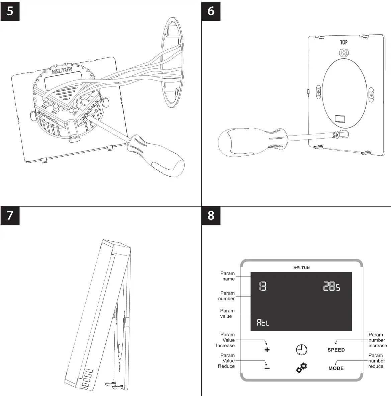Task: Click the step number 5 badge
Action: pyautogui.click(x=10, y=11)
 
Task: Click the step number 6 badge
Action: pyautogui.click(x=211, y=11)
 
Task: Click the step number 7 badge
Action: pyautogui.click(x=10, y=215)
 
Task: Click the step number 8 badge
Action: pyautogui.click(x=211, y=215)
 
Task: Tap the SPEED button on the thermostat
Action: pyautogui.click(x=336, y=350)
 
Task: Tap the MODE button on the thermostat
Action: pyautogui.click(x=336, y=368)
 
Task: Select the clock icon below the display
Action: pyautogui.click(x=301, y=349)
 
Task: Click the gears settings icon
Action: pyautogui.click(x=301, y=368)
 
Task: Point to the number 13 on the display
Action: pyautogui.click(x=263, y=286)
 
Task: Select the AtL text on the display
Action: pyautogui.click(x=263, y=323)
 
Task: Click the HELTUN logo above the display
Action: pyautogui.click(x=301, y=268)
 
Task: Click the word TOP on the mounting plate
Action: pyautogui.click(x=344, y=42)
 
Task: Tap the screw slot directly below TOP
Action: pyautogui.click(x=344, y=53)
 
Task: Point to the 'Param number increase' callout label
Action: pyautogui.click(x=377, y=340)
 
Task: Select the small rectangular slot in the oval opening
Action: pyautogui.click(x=340, y=119)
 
